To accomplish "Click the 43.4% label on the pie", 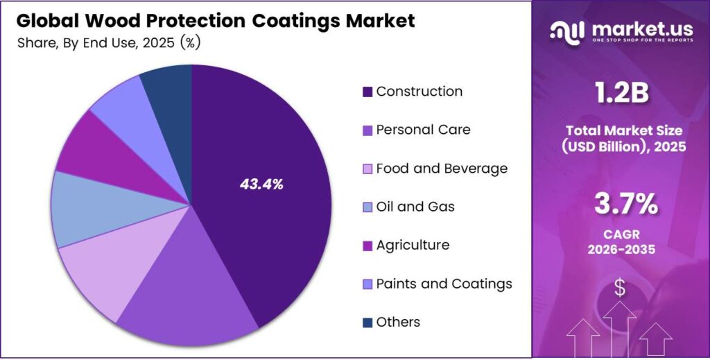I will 261,185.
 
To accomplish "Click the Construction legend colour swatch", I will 367,92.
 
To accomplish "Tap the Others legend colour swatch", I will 367,323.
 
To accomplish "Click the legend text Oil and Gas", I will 415,207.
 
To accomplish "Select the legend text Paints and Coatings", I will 444,284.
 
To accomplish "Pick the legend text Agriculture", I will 413,245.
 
